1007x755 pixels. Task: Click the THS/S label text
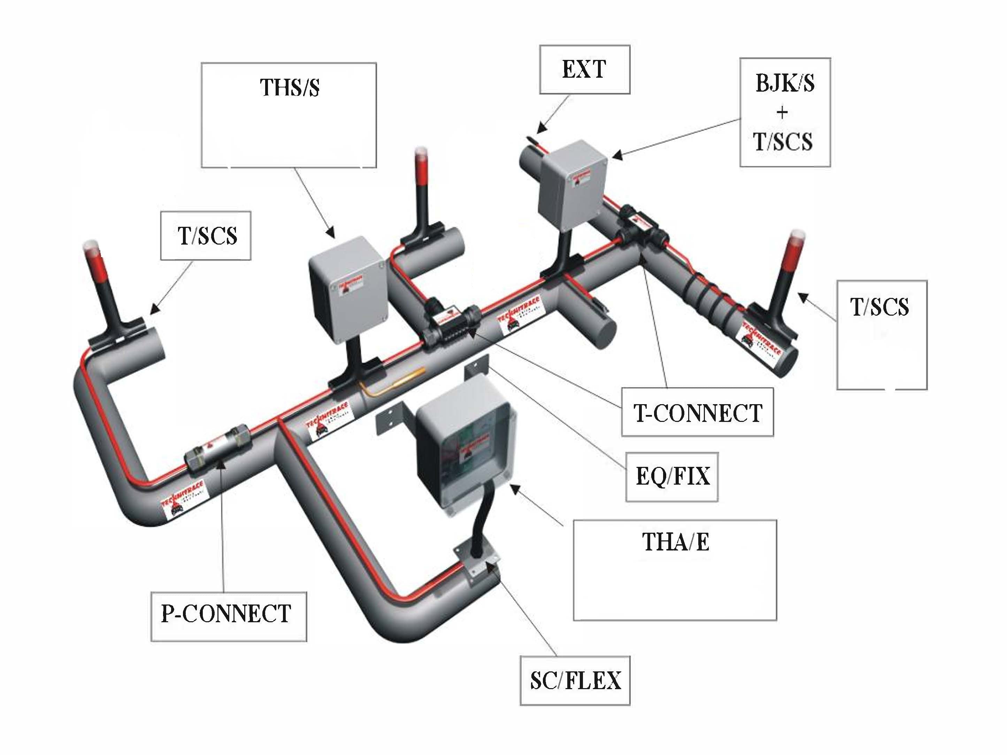tap(290, 87)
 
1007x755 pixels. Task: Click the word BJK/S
tap(785, 83)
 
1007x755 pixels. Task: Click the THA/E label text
tap(675, 541)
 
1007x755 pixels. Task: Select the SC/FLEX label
tap(575, 680)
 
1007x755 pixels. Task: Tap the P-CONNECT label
tap(226, 614)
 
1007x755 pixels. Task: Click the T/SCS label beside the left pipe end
tap(207, 236)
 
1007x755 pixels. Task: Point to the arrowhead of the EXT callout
tap(540, 129)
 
